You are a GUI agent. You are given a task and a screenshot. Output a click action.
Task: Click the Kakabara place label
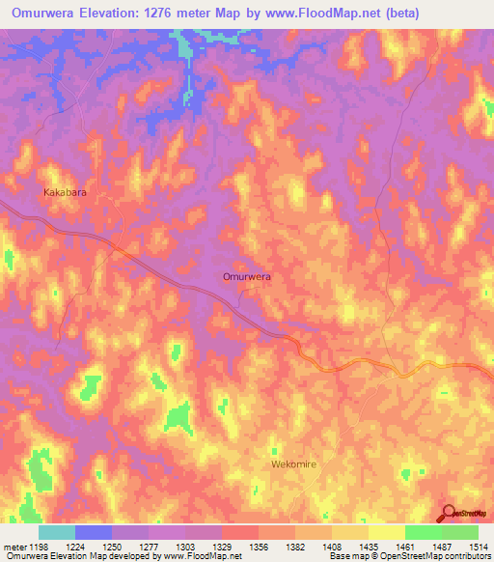66,193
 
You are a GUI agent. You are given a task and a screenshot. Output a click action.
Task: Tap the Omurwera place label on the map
246,276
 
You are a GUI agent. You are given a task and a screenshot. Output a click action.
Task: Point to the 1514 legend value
480,546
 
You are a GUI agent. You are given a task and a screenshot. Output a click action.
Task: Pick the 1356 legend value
259,546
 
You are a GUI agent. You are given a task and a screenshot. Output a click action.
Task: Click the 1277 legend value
148,546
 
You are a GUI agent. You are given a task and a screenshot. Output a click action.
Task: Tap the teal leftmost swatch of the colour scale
57,532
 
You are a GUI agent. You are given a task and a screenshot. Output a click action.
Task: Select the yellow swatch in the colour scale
387,532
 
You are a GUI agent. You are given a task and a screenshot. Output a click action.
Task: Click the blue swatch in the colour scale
94,532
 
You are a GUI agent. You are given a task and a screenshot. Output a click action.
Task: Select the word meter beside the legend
14,546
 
